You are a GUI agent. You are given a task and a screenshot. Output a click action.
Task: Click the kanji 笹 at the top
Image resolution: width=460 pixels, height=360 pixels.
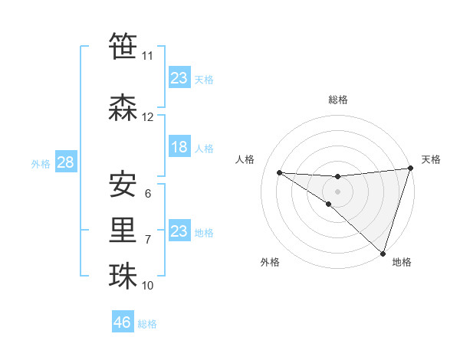(123, 46)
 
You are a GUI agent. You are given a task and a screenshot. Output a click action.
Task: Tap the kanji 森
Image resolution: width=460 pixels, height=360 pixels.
(123, 108)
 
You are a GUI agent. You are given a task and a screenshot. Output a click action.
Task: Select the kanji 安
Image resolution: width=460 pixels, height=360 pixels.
(123, 184)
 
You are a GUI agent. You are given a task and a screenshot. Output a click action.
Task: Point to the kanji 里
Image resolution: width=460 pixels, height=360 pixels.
(123, 231)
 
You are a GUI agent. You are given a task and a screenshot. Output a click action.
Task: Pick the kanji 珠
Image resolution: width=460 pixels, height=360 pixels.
(123, 277)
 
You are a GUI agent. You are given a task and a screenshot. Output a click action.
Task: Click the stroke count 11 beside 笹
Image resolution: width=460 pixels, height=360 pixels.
(147, 56)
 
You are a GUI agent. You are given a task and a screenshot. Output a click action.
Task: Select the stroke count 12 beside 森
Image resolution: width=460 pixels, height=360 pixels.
(148, 117)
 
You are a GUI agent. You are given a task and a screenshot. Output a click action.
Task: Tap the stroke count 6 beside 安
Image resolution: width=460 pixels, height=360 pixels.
(148, 194)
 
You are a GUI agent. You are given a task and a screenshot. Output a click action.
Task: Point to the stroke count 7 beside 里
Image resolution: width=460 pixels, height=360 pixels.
(148, 240)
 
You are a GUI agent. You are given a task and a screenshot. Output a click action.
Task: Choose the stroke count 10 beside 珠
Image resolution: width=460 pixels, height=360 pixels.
(148, 286)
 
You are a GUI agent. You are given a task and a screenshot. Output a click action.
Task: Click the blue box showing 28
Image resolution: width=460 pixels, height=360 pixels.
(65, 162)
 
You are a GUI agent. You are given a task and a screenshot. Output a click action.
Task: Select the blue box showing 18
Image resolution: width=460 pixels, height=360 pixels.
(179, 147)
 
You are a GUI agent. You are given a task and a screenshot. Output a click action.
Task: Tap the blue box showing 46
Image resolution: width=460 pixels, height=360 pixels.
(123, 322)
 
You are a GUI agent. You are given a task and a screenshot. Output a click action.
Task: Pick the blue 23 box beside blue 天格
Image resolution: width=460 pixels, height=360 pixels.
(179, 78)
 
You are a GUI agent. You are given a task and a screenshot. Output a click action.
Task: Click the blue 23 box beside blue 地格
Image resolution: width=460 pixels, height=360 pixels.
(179, 231)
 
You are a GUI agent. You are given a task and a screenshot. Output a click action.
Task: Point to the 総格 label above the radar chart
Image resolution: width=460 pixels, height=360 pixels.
(338, 100)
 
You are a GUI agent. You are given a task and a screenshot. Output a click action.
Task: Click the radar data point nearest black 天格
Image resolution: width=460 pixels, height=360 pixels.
(410, 169)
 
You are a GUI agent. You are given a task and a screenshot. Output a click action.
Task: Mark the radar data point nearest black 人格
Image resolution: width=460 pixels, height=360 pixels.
(279, 172)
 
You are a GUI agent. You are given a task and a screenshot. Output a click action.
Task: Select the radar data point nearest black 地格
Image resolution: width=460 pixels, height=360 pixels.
(383, 253)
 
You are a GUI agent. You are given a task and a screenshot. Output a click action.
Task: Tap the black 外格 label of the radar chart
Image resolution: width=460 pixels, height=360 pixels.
(270, 262)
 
